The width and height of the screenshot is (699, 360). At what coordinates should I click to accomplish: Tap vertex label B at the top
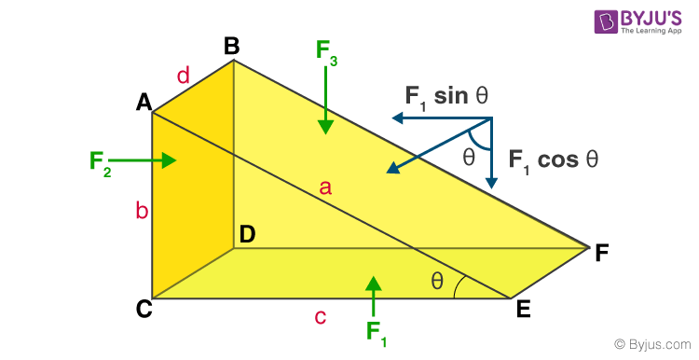coord(232,45)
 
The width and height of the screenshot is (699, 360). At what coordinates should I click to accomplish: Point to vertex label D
coord(247,235)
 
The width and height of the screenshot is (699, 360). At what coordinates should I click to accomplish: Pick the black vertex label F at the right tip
coord(603,251)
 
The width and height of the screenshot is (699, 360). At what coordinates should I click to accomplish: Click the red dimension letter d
coord(184,76)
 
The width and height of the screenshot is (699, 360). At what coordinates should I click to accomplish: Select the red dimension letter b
coord(142,211)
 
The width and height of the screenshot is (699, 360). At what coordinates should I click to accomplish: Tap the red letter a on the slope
coord(325,187)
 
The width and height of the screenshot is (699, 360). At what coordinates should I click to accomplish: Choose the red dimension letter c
coord(320,317)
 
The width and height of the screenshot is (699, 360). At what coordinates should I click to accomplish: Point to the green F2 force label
coord(101,161)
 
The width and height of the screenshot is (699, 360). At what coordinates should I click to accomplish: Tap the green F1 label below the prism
coord(376,332)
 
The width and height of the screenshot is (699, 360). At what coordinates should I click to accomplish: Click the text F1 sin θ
coord(446,96)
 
